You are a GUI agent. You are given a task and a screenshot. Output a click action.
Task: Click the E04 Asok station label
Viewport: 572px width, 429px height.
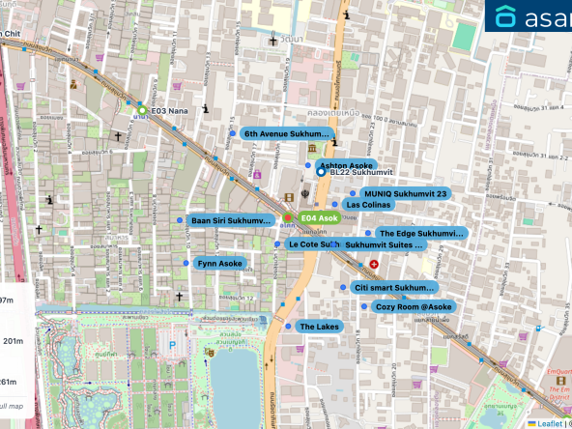pyautogui.click(x=318, y=218)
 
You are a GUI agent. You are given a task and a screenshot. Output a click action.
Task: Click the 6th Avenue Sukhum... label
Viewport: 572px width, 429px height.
pyautogui.click(x=287, y=133)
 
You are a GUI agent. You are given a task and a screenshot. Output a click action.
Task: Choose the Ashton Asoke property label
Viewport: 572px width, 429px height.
pyautogui.click(x=345, y=165)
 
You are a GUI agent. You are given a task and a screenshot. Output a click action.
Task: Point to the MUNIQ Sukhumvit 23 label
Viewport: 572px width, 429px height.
pyautogui.click(x=405, y=193)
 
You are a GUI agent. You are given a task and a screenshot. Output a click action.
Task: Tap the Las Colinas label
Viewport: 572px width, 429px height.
pyautogui.click(x=366, y=205)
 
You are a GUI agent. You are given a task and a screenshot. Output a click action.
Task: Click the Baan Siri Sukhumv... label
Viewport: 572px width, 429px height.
pyautogui.click(x=230, y=221)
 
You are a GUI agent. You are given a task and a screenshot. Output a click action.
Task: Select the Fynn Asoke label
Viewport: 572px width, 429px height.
pyautogui.click(x=219, y=263)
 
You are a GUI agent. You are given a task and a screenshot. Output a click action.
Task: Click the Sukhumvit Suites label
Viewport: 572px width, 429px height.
pyautogui.click(x=384, y=245)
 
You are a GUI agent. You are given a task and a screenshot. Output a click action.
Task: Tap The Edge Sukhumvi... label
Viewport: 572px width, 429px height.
pyautogui.click(x=420, y=233)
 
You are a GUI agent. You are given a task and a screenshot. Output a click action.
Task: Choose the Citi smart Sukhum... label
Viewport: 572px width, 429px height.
pyautogui.click(x=394, y=287)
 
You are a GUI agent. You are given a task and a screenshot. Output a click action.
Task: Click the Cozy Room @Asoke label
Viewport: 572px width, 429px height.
pyautogui.click(x=413, y=306)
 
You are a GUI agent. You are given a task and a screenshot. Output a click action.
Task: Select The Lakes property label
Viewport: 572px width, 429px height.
pyautogui.click(x=319, y=327)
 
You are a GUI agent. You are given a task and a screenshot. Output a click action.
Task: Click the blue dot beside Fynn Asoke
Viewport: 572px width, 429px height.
pyautogui.click(x=186, y=263)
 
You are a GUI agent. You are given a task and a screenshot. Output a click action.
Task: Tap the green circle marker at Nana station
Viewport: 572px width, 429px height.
pyautogui.click(x=142, y=110)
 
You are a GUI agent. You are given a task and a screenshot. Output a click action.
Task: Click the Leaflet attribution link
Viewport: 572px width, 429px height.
pyautogui.click(x=550, y=422)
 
